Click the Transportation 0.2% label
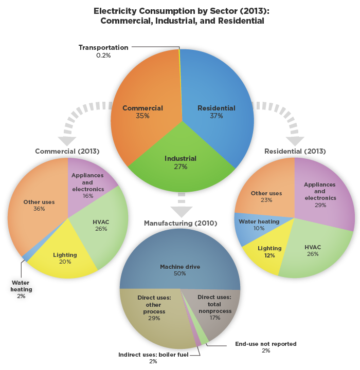pyautogui.click(x=103, y=51)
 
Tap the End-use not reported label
pyautogui.click(x=265, y=347)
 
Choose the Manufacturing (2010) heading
pyautogui.click(x=180, y=223)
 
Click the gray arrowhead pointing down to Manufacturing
pyautogui.click(x=181, y=211)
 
